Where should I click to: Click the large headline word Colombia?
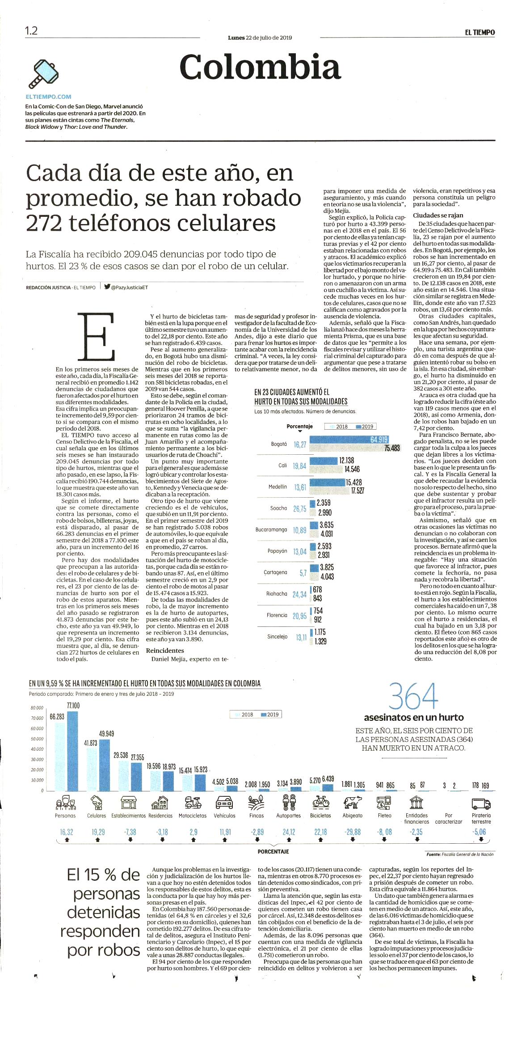point(260,67)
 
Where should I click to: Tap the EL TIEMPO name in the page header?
point(480,32)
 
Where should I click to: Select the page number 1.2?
point(31,31)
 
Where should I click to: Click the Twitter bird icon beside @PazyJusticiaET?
point(107,287)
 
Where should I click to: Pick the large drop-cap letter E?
point(96,336)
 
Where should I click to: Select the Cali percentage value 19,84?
point(299,466)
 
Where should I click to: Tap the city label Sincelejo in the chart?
point(277,636)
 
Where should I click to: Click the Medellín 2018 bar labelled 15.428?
point(327,482)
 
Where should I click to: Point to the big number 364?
point(413,696)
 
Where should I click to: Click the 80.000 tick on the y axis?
point(37,708)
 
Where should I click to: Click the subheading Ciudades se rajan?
point(438,215)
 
